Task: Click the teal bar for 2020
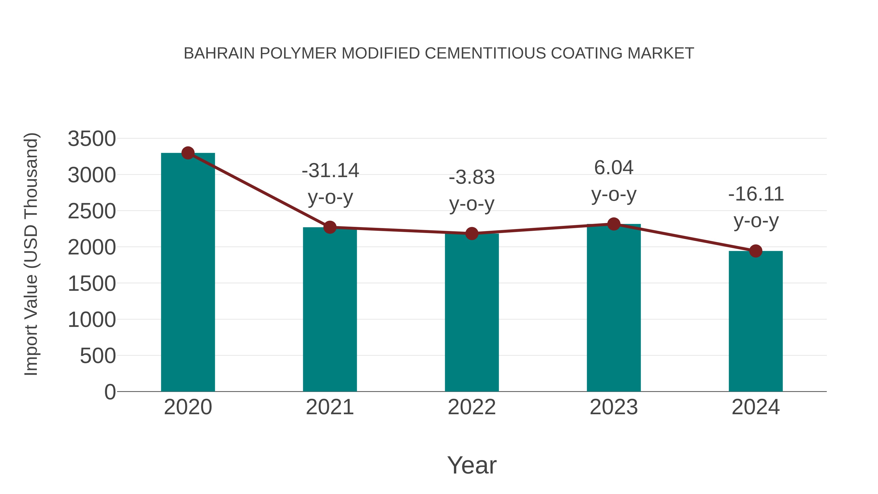point(188,273)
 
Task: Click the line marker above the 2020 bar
point(188,153)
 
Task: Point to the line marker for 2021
point(329,227)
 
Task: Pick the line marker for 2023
point(614,224)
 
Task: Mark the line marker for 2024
point(756,251)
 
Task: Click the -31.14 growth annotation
point(330,171)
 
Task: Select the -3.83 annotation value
point(472,177)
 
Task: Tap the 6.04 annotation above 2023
point(614,168)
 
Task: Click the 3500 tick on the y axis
point(92,139)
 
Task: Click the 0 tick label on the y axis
point(110,392)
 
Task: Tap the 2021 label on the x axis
point(329,407)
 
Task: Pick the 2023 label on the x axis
point(614,407)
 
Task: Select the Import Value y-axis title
point(31,254)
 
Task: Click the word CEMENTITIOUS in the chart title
point(485,53)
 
